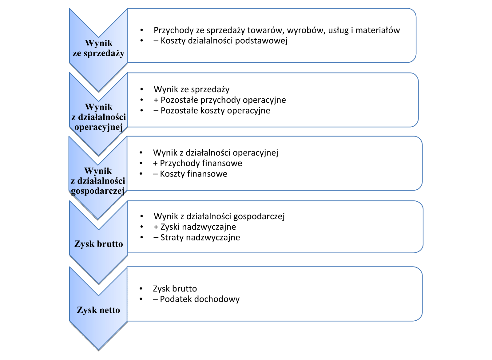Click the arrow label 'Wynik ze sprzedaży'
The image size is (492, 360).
click(x=98, y=48)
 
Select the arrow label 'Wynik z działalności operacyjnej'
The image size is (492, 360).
click(x=98, y=117)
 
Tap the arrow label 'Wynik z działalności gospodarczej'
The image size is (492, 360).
click(x=98, y=181)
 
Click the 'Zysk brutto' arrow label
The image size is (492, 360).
click(x=98, y=244)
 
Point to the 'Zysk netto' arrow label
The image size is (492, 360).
click(x=98, y=310)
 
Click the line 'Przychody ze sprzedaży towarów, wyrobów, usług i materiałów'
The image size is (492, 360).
click(x=276, y=30)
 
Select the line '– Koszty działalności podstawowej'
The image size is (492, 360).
click(x=220, y=41)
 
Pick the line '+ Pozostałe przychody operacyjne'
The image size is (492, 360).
click(x=220, y=100)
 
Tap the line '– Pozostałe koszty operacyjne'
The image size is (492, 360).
click(x=212, y=110)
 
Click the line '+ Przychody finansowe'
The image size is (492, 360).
click(x=197, y=163)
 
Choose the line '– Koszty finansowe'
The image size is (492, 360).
click(x=190, y=174)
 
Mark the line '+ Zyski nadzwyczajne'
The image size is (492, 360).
click(x=195, y=227)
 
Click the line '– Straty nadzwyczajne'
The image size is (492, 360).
click(x=197, y=237)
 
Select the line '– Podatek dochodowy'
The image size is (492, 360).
click(x=196, y=299)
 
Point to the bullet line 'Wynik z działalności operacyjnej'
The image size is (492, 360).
click(x=216, y=153)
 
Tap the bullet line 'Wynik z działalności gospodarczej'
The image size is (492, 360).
click(x=219, y=216)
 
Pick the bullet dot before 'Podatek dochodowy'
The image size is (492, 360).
click(x=141, y=299)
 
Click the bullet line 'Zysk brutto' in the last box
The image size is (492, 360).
click(x=175, y=289)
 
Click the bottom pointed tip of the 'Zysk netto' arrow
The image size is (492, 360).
click(x=98, y=350)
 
